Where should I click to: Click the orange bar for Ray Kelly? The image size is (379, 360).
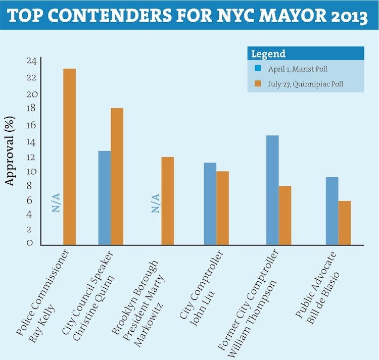tap(69, 157)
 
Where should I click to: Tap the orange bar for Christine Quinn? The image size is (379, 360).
tap(117, 176)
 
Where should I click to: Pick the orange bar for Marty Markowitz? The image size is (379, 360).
tap(167, 201)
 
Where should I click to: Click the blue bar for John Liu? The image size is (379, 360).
tap(210, 203)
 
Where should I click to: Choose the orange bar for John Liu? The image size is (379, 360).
tap(222, 208)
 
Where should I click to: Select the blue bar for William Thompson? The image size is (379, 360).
tap(272, 190)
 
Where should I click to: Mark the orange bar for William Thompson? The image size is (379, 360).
tap(285, 216)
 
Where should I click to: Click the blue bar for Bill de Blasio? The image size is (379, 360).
tap(332, 211)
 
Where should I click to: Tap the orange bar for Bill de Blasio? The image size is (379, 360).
tap(345, 223)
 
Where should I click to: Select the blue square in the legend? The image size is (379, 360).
tap(257, 69)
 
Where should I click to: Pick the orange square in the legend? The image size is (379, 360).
tap(257, 84)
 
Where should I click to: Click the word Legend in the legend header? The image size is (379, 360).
tap(268, 54)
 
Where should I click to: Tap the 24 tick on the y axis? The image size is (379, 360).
tap(31, 62)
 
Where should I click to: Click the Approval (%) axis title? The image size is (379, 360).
tap(10, 151)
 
